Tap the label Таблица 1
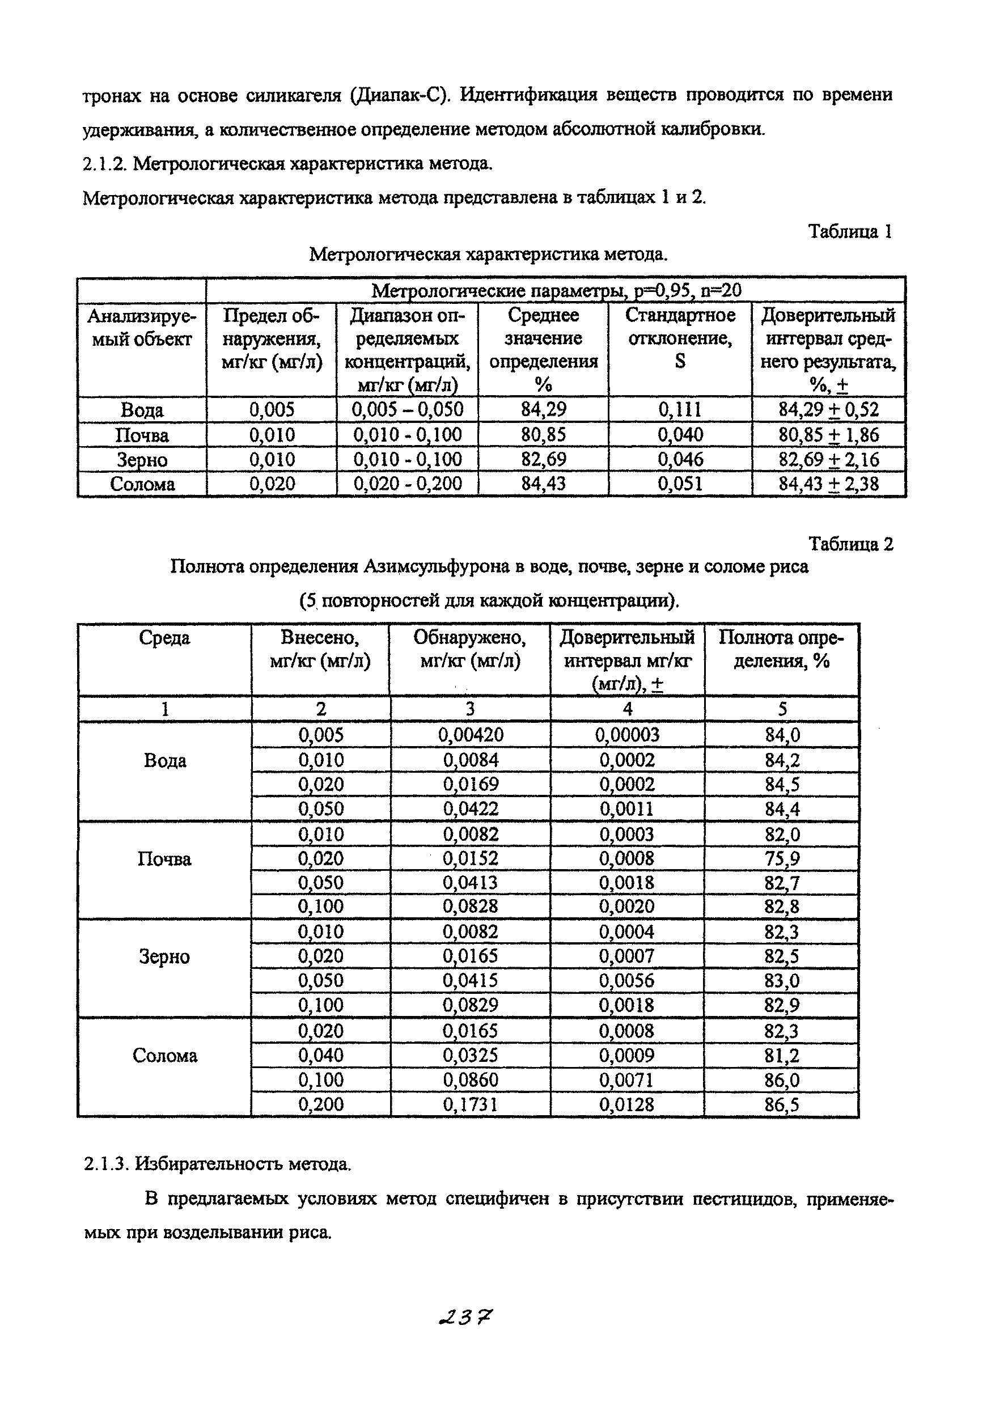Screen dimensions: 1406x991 pos(850,231)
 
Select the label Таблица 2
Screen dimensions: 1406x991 pos(851,544)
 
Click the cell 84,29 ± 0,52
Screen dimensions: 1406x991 pos(828,410)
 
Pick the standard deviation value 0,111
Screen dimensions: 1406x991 pos(679,410)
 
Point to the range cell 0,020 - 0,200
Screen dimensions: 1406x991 pos(407,484)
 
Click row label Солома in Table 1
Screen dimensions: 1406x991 pos(142,484)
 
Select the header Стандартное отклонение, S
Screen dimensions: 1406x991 pos(680,338)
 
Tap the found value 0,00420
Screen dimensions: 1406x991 pos(470,735)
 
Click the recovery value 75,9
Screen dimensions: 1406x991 pos(782,858)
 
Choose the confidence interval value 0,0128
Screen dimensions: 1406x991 pos(626,1105)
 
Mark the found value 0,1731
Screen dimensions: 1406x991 pos(470,1105)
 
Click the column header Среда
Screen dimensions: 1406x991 pos(164,638)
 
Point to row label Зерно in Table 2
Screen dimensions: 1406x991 pos(164,956)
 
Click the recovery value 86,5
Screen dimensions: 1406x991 pos(782,1105)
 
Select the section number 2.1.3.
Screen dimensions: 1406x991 pos(106,1163)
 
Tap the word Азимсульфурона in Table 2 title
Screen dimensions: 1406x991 pos(437,566)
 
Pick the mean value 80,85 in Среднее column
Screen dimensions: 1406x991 pos(543,435)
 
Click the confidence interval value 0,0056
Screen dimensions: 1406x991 pos(626,981)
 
